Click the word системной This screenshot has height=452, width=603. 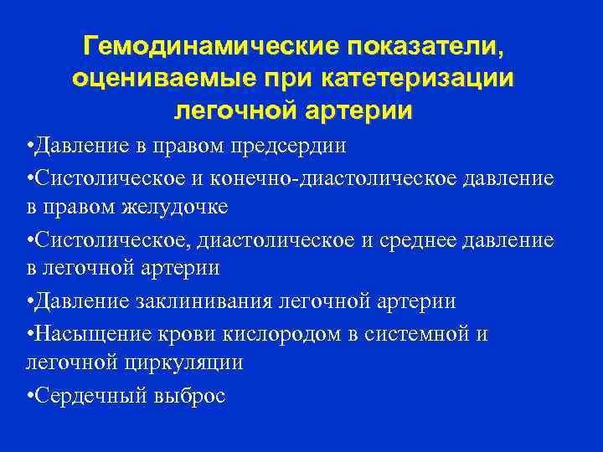click(x=434, y=333)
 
